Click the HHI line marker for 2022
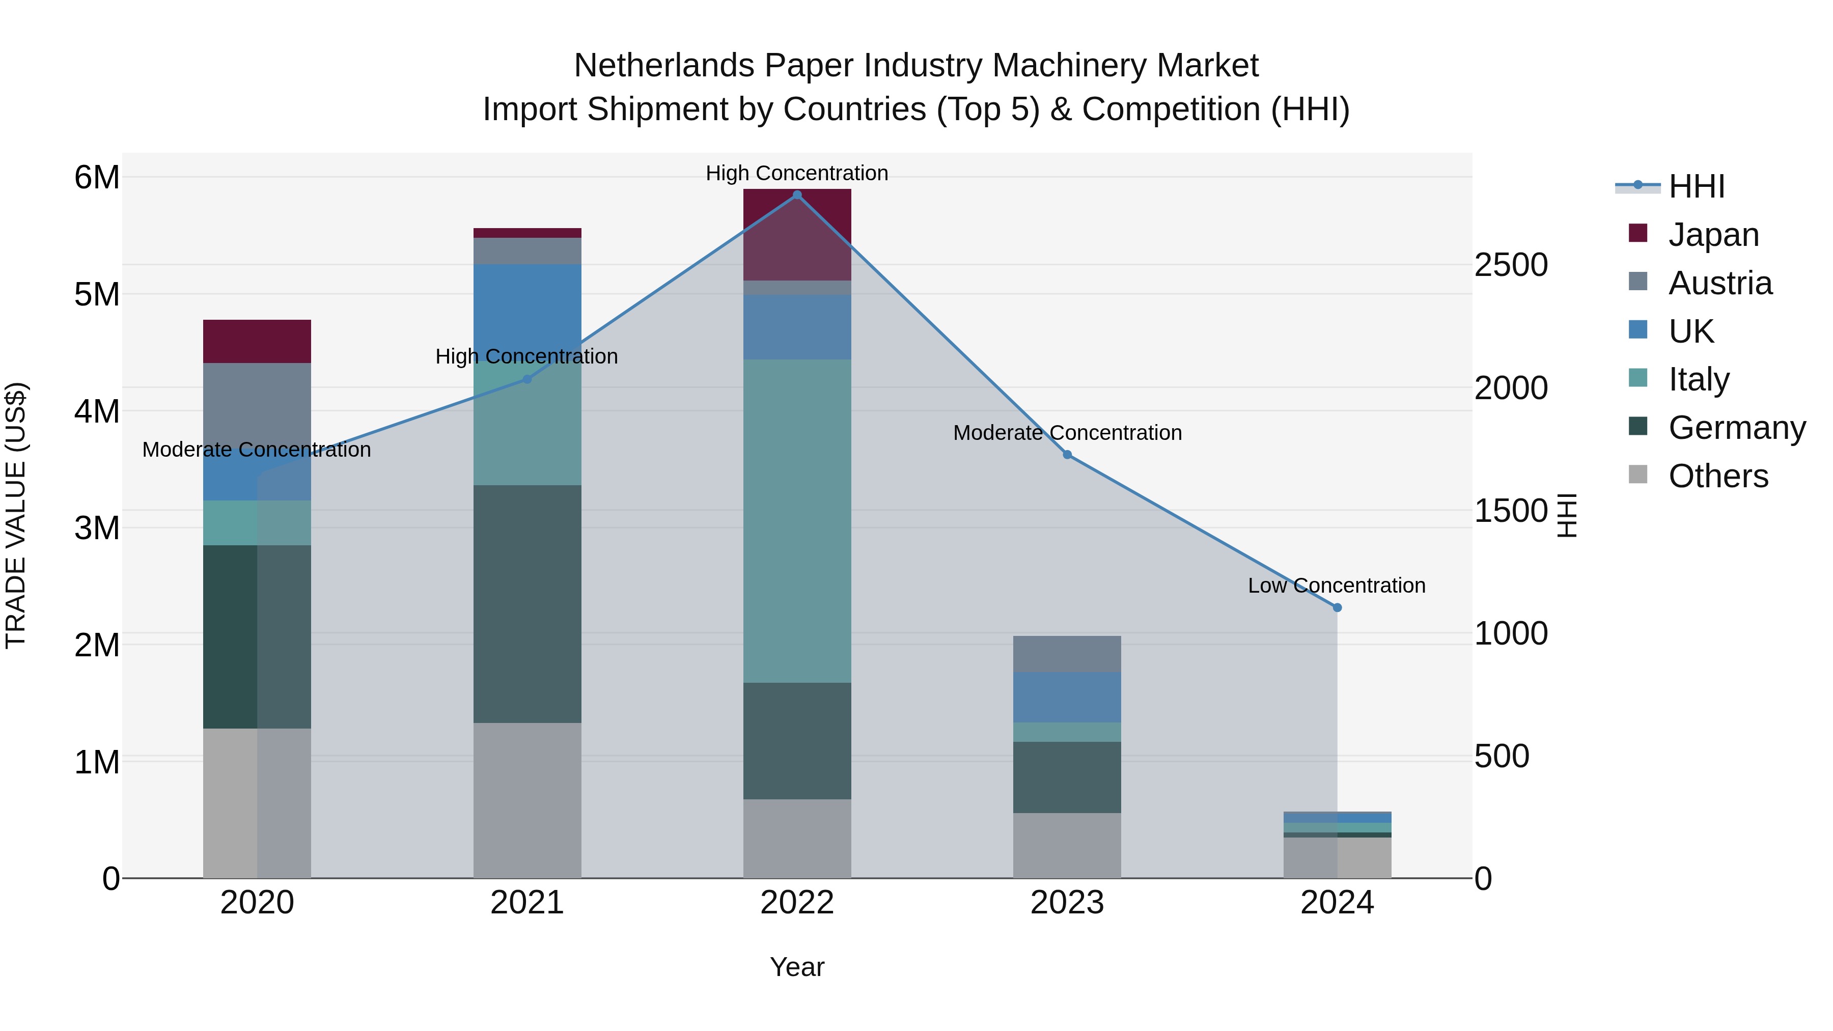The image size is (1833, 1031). tap(797, 195)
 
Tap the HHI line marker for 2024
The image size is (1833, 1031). tap(1337, 607)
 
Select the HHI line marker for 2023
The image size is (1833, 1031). tap(1067, 455)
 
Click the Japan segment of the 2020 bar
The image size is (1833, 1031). tap(257, 342)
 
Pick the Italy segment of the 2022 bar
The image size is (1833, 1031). tap(797, 521)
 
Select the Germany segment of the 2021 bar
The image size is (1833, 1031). tap(527, 604)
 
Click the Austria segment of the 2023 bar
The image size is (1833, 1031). tap(1067, 654)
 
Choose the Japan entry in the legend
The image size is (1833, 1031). tap(1713, 235)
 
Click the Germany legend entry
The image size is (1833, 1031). tap(1736, 428)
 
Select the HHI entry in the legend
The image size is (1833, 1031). tap(1697, 186)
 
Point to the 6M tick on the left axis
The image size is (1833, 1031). tap(97, 177)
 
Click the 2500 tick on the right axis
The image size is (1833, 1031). tap(1511, 265)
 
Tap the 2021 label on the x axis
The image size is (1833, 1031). tap(527, 903)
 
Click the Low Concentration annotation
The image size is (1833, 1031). tap(1337, 586)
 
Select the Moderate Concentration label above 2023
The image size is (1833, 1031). tap(1067, 433)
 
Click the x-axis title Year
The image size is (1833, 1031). tap(797, 967)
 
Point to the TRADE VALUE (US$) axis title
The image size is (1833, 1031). tap(16, 515)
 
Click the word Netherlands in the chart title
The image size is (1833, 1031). tap(664, 66)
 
